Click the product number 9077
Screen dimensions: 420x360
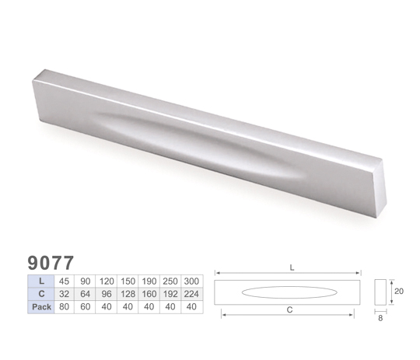pos(51,263)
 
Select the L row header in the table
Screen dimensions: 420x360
pos(41,281)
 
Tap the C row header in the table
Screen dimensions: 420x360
pos(41,294)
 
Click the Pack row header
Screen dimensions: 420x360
pos(41,306)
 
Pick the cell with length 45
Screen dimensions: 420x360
pos(64,281)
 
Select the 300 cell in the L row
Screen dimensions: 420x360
pos(191,281)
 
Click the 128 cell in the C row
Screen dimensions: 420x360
pos(128,294)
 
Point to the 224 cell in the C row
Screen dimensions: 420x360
pos(191,294)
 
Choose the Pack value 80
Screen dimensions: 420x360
pos(64,306)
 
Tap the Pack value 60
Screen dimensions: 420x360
pos(86,306)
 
